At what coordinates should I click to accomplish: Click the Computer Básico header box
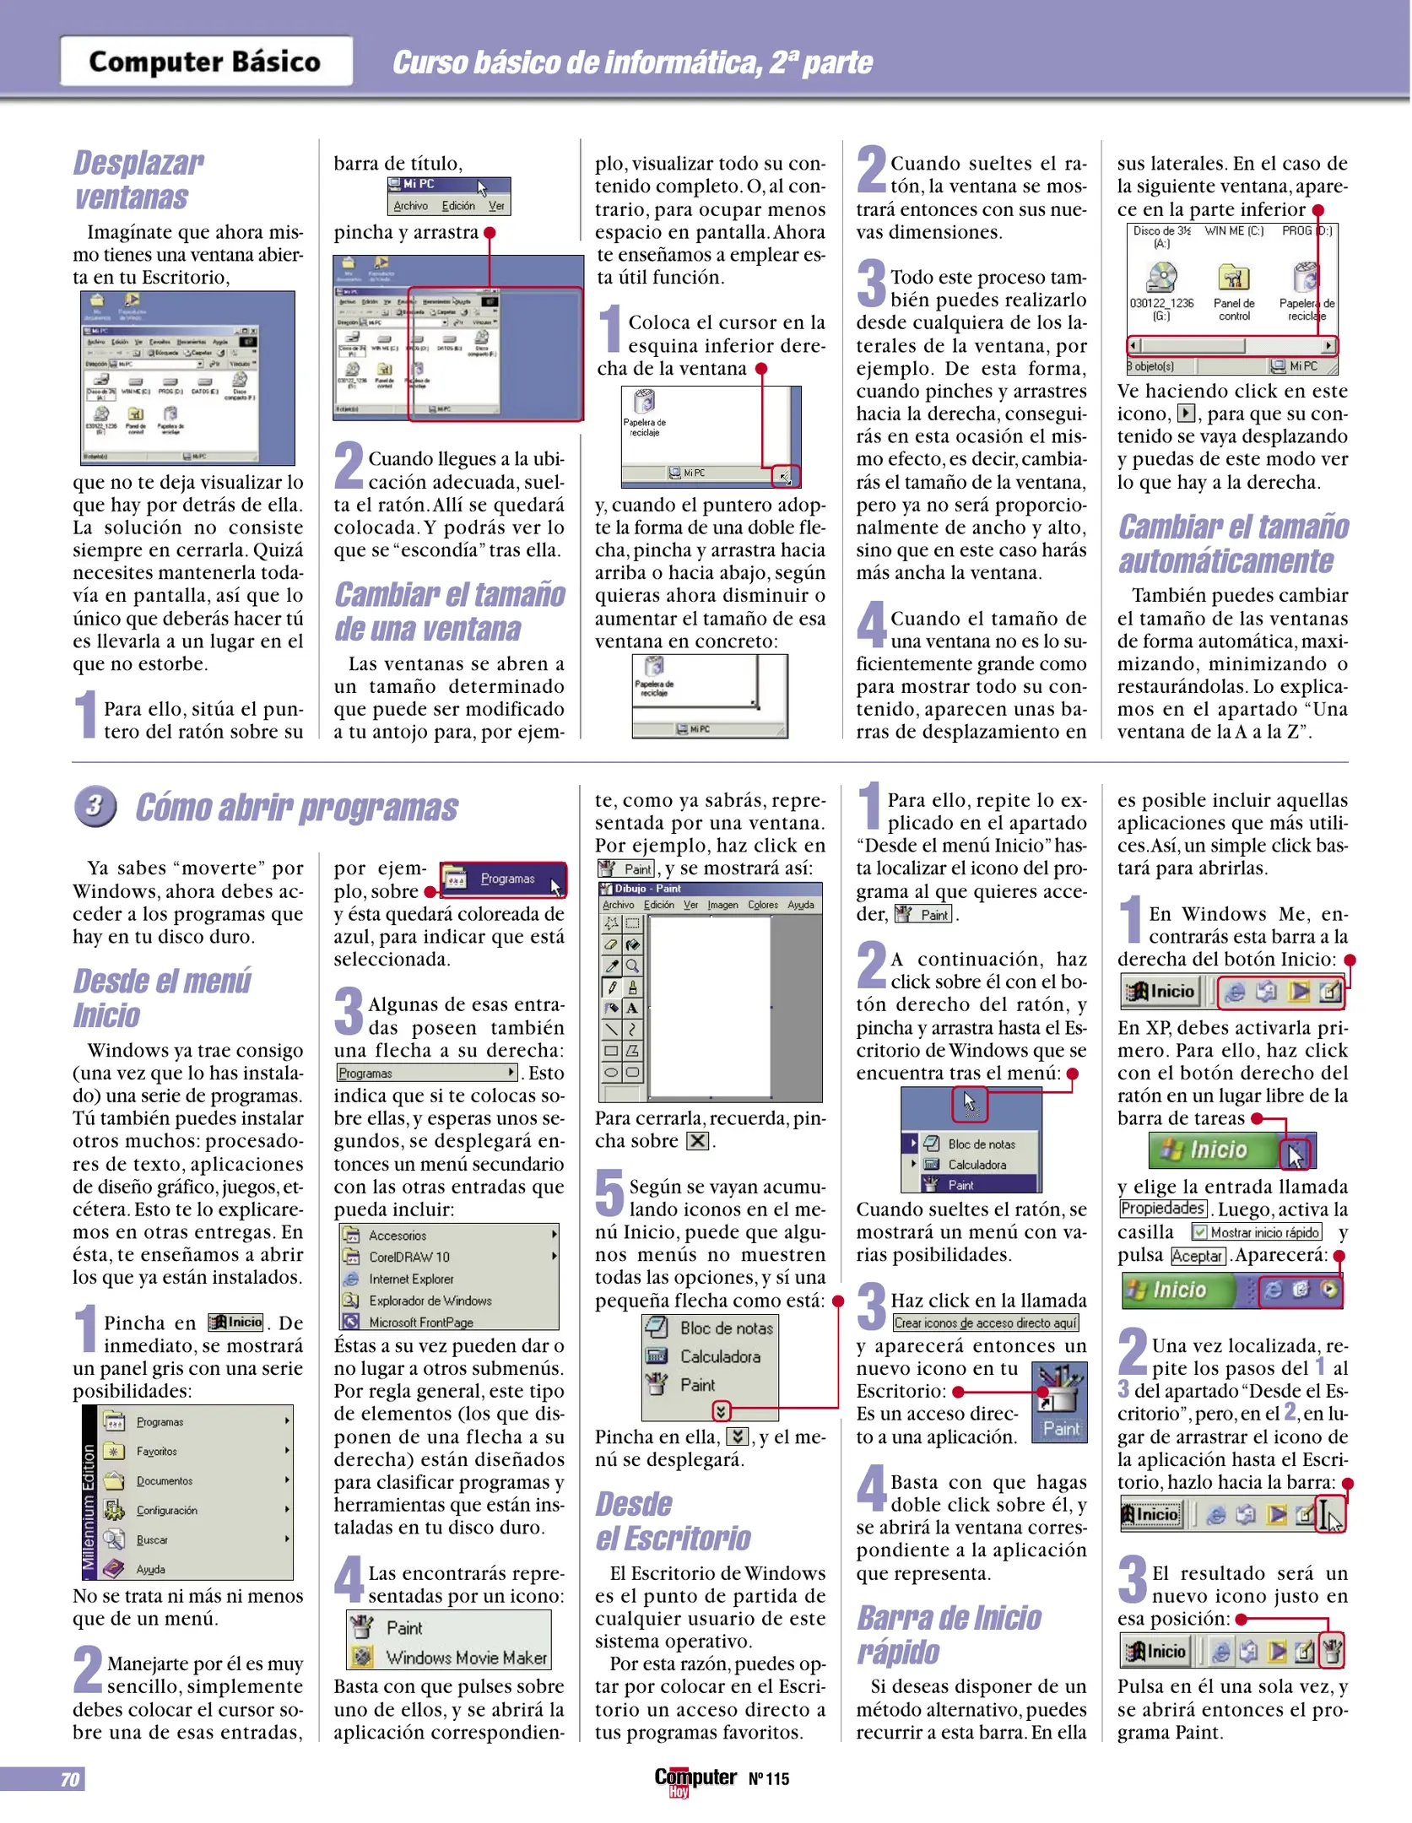[x=206, y=61]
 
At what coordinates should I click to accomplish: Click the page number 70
[x=69, y=1779]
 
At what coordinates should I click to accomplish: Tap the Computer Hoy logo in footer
[x=695, y=1779]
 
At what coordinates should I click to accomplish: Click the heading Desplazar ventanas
[x=138, y=179]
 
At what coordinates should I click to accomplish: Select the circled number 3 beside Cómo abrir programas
[x=94, y=806]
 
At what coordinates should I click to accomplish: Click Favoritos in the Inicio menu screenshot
[x=157, y=1451]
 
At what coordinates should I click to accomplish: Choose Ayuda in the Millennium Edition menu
[x=150, y=1569]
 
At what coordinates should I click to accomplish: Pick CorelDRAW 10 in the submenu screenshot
[x=409, y=1257]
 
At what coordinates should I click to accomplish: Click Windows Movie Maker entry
[x=466, y=1658]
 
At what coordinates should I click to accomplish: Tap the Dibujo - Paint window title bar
[x=709, y=889]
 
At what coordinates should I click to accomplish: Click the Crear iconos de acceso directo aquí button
[x=985, y=1323]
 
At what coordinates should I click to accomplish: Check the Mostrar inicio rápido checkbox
[x=1199, y=1233]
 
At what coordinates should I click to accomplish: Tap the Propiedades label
[x=1161, y=1209]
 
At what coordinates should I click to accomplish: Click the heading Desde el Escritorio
[x=673, y=1521]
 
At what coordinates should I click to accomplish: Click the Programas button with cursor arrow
[x=503, y=879]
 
